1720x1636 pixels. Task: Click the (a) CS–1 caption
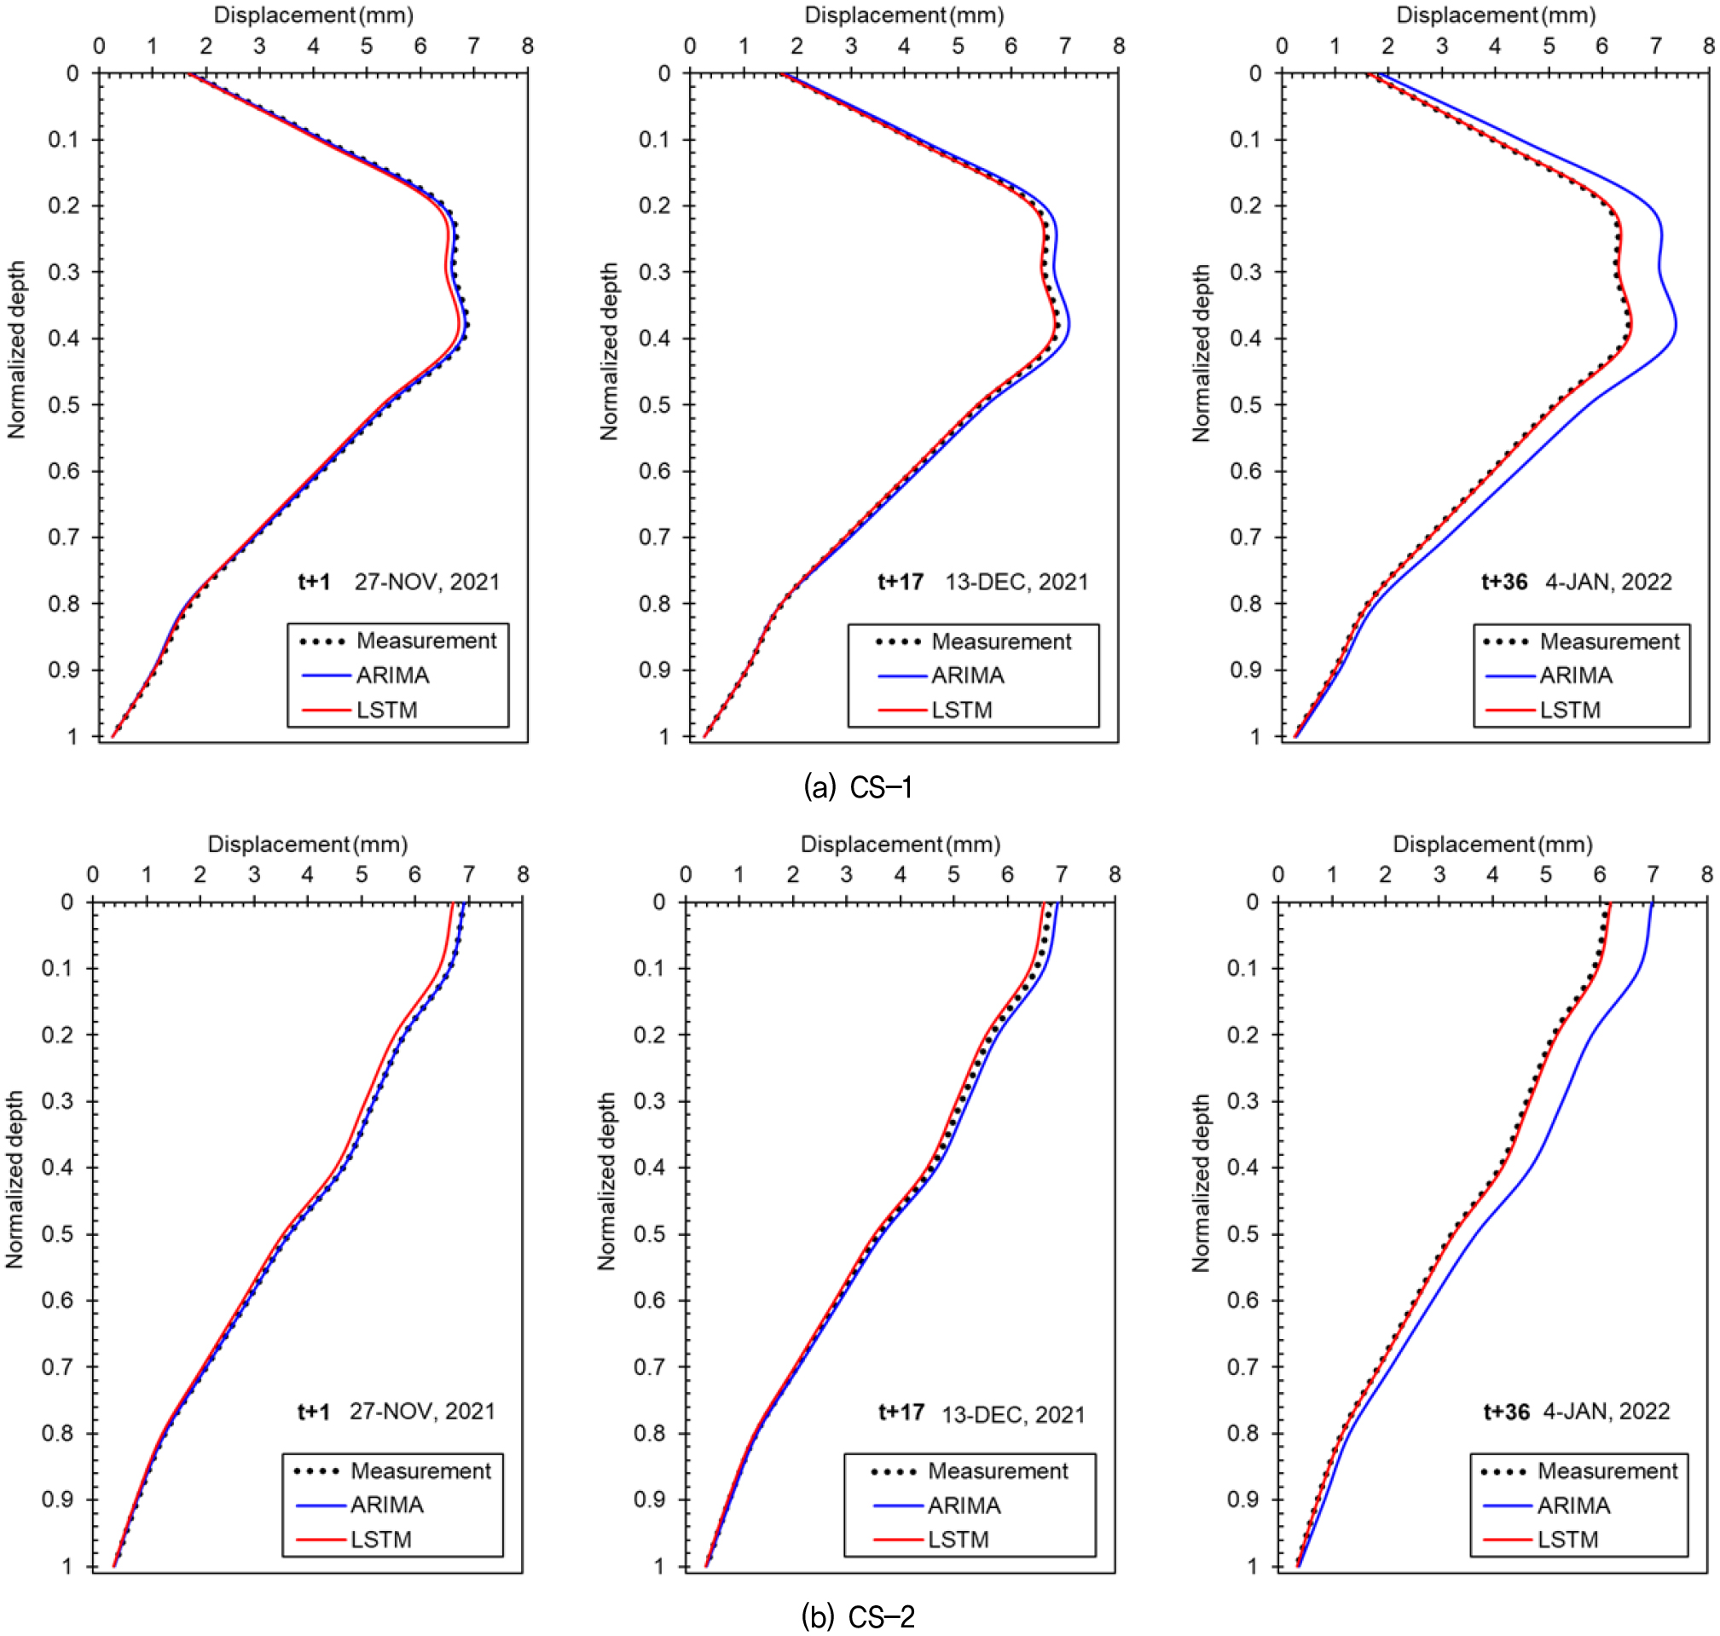click(858, 787)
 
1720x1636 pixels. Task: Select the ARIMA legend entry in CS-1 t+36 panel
click(1575, 676)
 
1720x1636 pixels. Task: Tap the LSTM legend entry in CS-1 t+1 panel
click(386, 710)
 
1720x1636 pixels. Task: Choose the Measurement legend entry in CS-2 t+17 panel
click(998, 1471)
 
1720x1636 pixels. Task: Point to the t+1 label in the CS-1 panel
click(314, 582)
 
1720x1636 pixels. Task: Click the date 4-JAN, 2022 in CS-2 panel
click(1606, 1411)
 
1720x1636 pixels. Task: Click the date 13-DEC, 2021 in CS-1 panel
click(1016, 582)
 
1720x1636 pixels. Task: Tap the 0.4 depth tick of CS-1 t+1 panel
click(63, 339)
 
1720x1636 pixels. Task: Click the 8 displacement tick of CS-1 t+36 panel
click(1709, 46)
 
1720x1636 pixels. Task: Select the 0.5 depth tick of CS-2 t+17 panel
click(651, 1234)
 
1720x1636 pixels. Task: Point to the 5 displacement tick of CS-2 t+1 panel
click(361, 874)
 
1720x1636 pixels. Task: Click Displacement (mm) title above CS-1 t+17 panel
click(904, 15)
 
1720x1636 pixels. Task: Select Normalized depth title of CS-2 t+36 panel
click(1202, 1182)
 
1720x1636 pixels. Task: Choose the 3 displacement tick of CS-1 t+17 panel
click(851, 46)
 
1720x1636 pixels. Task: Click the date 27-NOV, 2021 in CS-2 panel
click(422, 1411)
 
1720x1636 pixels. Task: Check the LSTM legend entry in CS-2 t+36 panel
click(1567, 1540)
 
